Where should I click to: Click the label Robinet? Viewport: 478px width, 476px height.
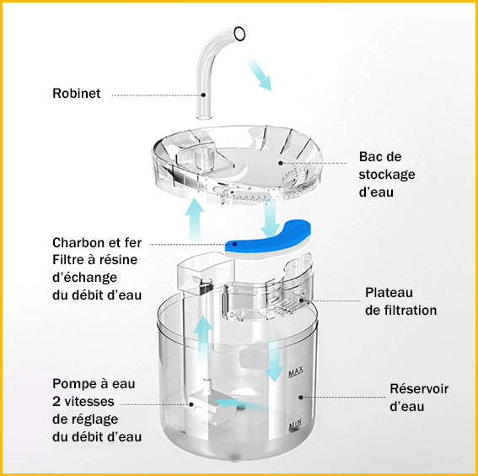click(76, 94)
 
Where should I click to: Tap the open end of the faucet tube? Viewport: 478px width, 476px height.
click(239, 34)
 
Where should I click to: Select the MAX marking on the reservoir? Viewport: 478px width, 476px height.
click(296, 371)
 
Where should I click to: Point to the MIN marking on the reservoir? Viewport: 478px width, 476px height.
click(295, 425)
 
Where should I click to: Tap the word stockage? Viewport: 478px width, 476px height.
click(387, 175)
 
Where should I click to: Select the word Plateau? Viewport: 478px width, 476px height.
click(389, 293)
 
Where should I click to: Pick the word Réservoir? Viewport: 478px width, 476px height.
click(419, 389)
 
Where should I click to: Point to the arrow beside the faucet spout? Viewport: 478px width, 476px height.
click(259, 74)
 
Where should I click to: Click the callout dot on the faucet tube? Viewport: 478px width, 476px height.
click(203, 95)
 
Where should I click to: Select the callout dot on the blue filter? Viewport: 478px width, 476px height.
click(234, 244)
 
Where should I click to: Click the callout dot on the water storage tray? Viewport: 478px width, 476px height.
click(281, 163)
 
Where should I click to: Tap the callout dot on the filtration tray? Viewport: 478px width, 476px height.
click(302, 300)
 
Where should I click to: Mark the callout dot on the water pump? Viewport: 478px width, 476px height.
click(191, 404)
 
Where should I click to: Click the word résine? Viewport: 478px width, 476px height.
click(121, 260)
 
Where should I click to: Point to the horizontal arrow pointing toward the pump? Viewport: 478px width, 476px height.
click(241, 403)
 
